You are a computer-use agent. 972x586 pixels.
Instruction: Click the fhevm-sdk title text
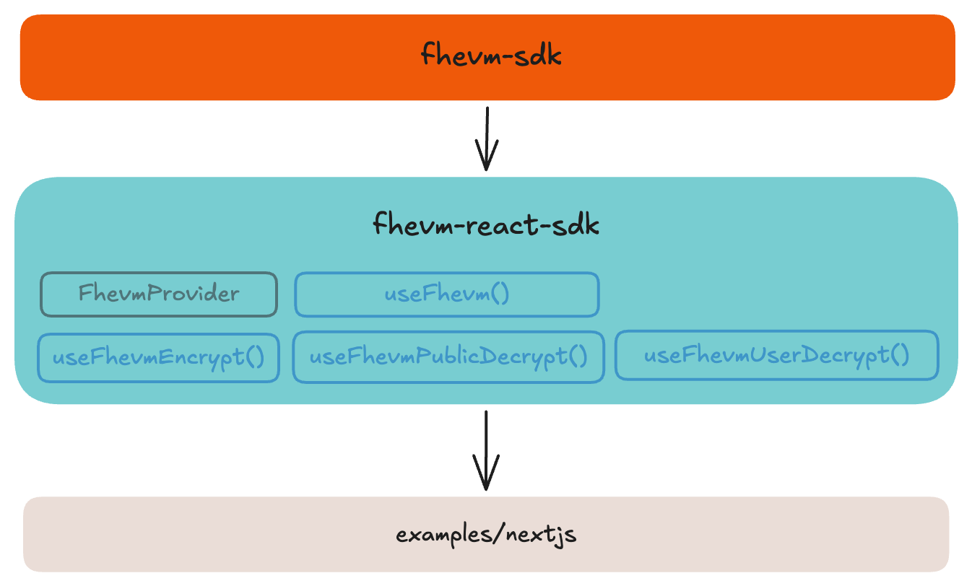tap(491, 56)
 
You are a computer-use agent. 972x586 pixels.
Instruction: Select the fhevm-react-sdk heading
tap(486, 225)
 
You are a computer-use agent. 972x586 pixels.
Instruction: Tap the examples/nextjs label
tap(486, 535)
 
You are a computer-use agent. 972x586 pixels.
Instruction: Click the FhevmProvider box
tap(158, 294)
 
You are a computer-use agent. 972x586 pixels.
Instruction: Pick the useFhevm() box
tap(446, 294)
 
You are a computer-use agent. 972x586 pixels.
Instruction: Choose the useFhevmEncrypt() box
tap(158, 357)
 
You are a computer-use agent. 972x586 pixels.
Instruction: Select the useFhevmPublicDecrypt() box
tap(448, 357)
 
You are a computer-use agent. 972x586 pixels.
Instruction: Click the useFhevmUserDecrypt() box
tap(776, 355)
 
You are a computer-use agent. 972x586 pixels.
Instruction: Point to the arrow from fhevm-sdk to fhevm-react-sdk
tap(487, 137)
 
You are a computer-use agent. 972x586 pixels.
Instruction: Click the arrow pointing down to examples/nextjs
tap(487, 447)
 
